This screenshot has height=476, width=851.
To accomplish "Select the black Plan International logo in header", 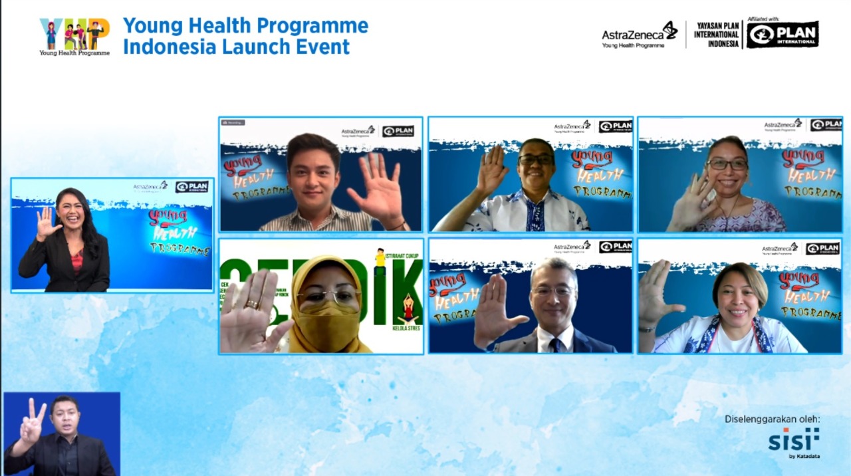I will click(782, 35).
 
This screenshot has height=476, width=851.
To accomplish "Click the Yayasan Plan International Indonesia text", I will click(716, 35).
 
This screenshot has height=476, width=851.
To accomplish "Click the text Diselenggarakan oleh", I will click(772, 419).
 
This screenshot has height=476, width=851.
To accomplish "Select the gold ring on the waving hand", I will click(253, 304).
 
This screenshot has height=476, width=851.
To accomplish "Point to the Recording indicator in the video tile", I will click(233, 122).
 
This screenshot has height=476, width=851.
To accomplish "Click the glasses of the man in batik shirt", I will click(536, 160).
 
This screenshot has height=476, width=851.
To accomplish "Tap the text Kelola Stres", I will click(406, 328).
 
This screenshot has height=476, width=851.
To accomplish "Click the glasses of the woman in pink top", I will click(727, 164).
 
